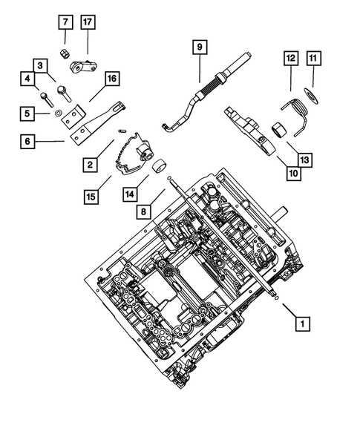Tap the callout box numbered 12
(290, 56)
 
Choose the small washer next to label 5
(57, 116)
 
